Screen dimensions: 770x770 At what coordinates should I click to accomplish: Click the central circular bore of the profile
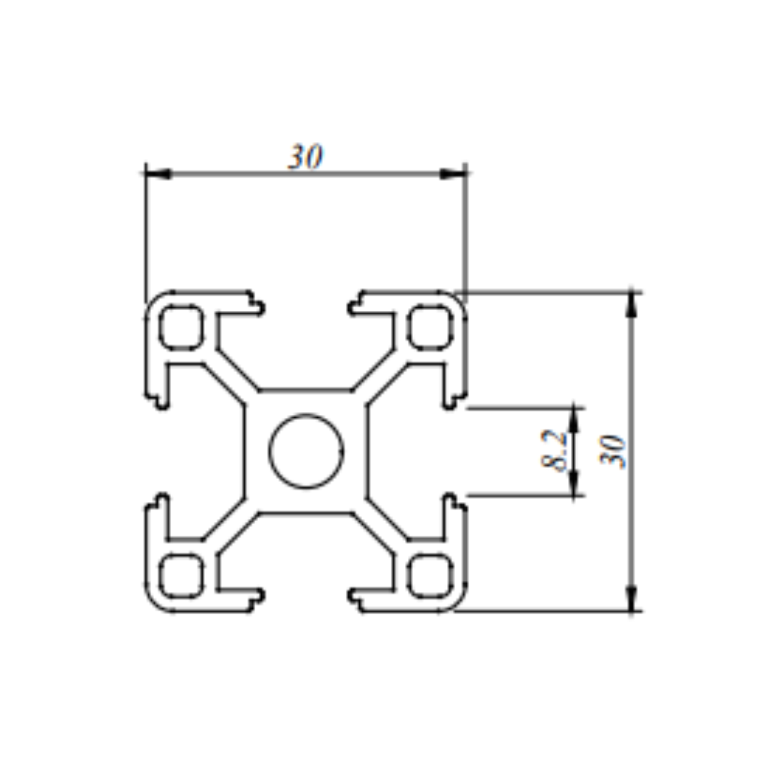point(306,451)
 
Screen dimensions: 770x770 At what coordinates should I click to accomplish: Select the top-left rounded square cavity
point(180,327)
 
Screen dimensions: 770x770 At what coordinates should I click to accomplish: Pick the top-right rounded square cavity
point(431,327)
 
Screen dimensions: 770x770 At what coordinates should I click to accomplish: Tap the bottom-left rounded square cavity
point(180,575)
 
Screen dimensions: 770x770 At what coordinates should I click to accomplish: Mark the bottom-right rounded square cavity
point(431,575)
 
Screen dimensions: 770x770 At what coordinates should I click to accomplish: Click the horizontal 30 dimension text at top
point(305,157)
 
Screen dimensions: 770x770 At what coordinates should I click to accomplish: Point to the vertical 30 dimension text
point(613,451)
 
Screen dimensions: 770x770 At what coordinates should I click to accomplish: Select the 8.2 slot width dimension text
point(555,451)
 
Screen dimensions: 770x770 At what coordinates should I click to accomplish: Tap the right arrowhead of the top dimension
point(453,174)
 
